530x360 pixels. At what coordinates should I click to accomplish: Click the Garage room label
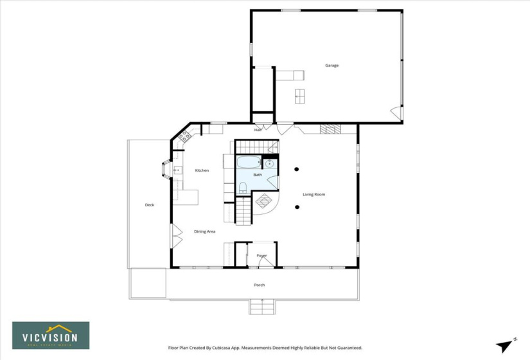tap(331, 66)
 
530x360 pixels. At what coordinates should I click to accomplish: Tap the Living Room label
tap(314, 194)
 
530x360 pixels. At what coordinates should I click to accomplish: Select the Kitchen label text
tap(202, 170)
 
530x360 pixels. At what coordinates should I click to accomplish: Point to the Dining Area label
tap(205, 231)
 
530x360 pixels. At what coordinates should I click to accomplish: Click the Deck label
tap(149, 205)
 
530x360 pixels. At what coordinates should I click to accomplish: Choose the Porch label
tap(259, 285)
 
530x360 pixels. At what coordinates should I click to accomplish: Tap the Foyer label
tap(261, 255)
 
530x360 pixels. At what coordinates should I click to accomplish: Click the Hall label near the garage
tap(258, 130)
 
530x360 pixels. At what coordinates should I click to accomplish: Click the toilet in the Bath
tap(243, 188)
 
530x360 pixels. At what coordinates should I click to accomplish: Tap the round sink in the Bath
tap(270, 163)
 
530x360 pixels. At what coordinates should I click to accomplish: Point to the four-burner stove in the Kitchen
tap(185, 136)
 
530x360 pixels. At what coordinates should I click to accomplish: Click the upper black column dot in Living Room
tap(297, 170)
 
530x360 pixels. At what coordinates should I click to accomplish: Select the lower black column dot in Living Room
tap(297, 207)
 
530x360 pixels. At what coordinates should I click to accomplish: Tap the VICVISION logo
tap(51, 336)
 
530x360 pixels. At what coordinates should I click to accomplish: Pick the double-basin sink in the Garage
tap(299, 96)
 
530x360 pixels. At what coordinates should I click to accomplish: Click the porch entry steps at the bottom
tap(261, 307)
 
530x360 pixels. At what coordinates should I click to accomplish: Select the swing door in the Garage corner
tap(397, 114)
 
